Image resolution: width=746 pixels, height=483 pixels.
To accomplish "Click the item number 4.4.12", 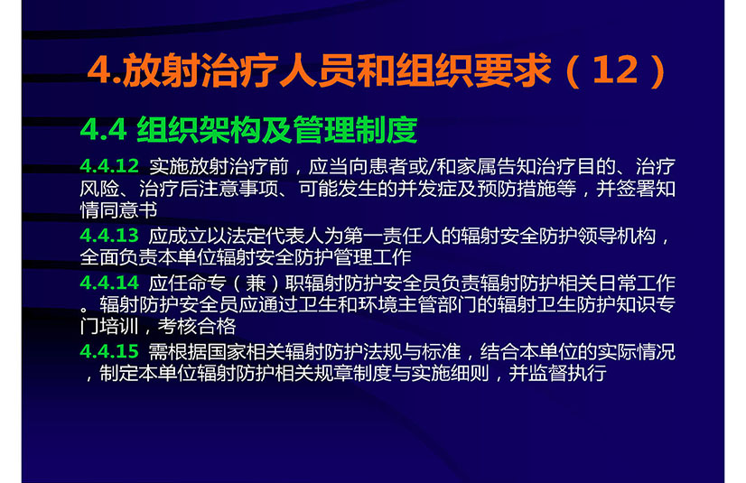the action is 109,166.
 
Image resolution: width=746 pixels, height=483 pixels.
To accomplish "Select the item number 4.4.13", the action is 109,236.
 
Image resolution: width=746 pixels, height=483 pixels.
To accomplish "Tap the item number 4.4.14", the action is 109,283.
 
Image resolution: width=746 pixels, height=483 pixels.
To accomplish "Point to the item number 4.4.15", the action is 109,351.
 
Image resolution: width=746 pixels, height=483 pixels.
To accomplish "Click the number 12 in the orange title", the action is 616,70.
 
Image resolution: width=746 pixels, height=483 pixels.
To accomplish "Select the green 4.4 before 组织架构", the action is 103,129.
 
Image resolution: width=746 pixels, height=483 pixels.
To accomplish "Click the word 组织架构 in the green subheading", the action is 199,129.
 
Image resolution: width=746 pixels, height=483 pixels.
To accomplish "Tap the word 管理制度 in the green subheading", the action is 355,129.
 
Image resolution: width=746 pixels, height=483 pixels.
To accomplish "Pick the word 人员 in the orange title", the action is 317,70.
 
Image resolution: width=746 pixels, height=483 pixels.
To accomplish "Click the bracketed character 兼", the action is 256,283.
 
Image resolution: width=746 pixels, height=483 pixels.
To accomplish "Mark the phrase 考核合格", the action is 197,326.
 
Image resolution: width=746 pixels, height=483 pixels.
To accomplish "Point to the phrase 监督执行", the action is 567,373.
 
